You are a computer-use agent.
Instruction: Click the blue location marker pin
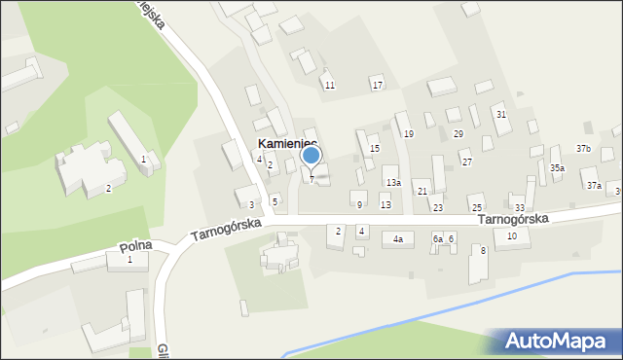(x=311, y=156)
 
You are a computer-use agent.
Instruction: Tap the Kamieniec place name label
(x=287, y=143)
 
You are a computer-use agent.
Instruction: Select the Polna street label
(x=135, y=247)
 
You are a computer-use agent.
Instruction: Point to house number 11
(x=330, y=86)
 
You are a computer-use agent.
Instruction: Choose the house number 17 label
(x=378, y=86)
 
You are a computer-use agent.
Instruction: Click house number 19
(x=409, y=133)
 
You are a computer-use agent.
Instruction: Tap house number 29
(x=458, y=133)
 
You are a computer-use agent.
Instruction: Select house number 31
(x=501, y=115)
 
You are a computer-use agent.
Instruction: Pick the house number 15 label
(x=374, y=149)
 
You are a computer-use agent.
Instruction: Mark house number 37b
(x=583, y=148)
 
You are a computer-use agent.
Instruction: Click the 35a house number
(x=557, y=168)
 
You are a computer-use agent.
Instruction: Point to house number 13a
(x=393, y=183)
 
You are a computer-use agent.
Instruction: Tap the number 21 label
(x=422, y=192)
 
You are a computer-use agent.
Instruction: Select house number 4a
(x=397, y=238)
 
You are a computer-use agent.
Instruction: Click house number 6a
(x=438, y=238)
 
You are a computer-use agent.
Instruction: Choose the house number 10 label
(x=512, y=236)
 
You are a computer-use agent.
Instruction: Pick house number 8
(x=483, y=251)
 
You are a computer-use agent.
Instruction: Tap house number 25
(x=476, y=207)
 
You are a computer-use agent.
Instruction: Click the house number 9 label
(x=359, y=204)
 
